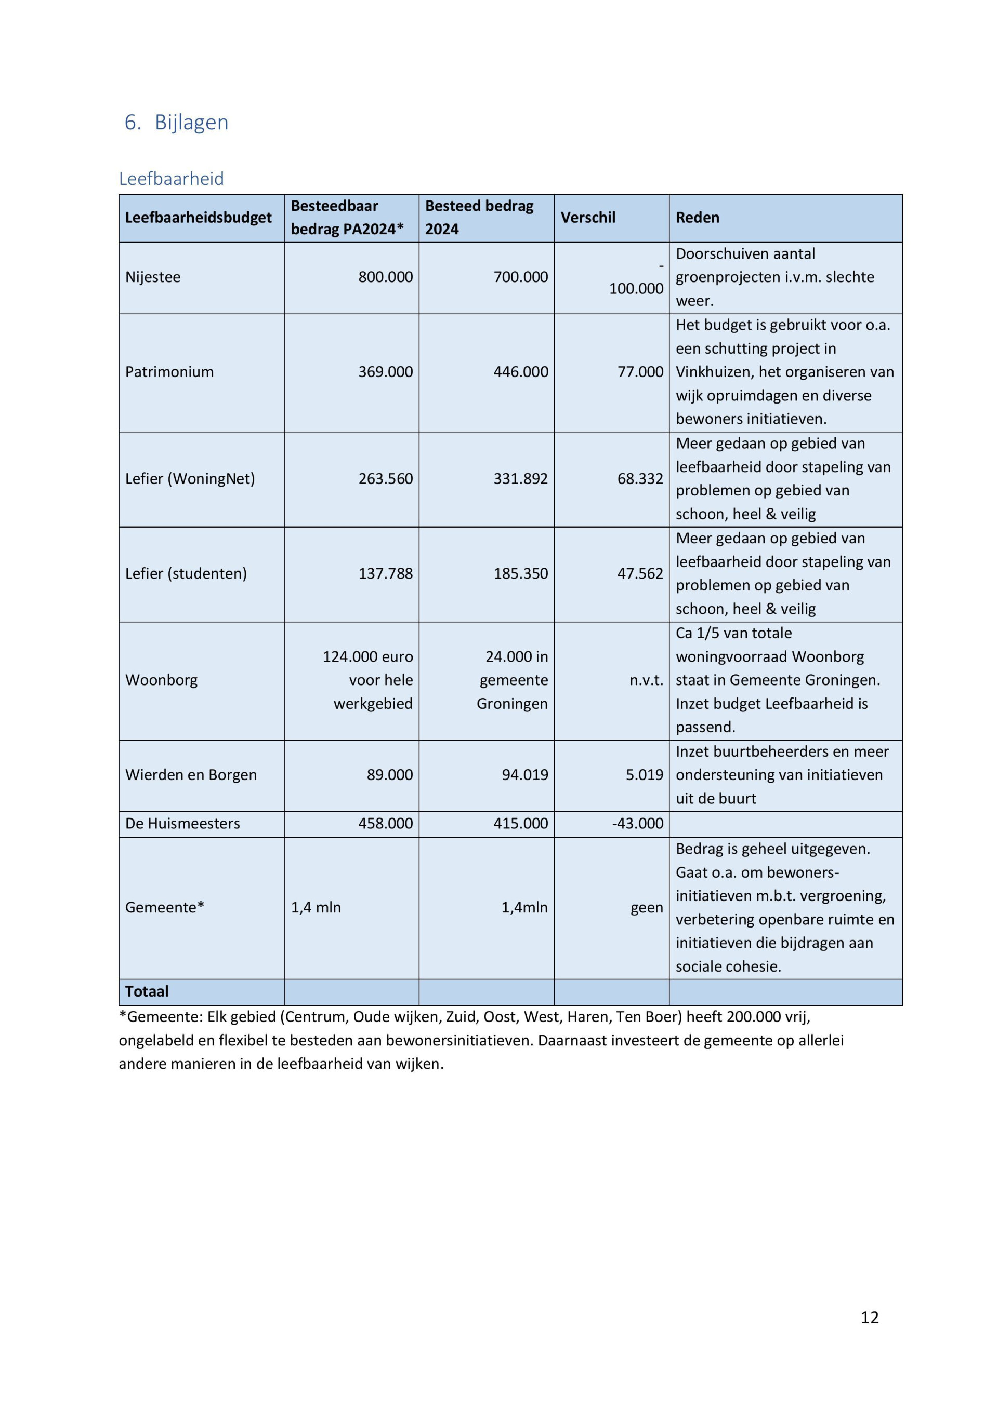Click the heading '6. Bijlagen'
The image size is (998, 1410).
176,122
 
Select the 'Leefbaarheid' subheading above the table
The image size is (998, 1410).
172,179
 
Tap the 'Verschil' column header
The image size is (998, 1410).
587,218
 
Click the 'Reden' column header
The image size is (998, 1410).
697,218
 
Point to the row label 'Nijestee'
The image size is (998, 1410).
153,277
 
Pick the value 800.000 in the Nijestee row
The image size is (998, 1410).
385,277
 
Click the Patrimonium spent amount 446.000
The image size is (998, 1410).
520,371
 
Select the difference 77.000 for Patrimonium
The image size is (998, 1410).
640,371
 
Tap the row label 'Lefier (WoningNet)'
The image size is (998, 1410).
190,478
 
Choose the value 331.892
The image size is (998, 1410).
520,478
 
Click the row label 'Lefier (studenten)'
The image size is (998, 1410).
186,573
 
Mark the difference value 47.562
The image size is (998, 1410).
640,573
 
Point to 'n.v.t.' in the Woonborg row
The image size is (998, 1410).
646,680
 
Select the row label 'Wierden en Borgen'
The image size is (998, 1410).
191,774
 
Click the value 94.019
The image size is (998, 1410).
525,774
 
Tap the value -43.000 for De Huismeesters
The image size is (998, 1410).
638,823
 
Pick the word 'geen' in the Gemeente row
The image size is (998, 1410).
647,907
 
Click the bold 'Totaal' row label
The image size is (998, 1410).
147,991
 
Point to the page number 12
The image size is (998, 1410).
870,1317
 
